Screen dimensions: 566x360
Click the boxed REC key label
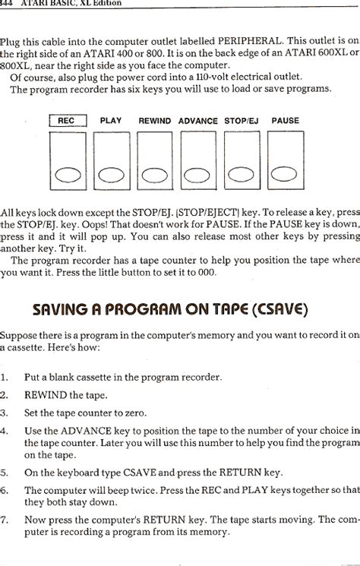[x=68, y=121]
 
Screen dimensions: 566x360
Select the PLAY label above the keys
[x=111, y=121]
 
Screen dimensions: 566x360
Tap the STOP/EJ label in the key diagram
[x=242, y=121]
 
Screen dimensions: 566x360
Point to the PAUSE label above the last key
[x=285, y=121]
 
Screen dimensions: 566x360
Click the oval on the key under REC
[x=68, y=175]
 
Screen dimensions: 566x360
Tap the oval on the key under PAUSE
[x=286, y=175]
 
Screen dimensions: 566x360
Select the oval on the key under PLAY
[x=112, y=175]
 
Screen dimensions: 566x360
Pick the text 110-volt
[x=201, y=77]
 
